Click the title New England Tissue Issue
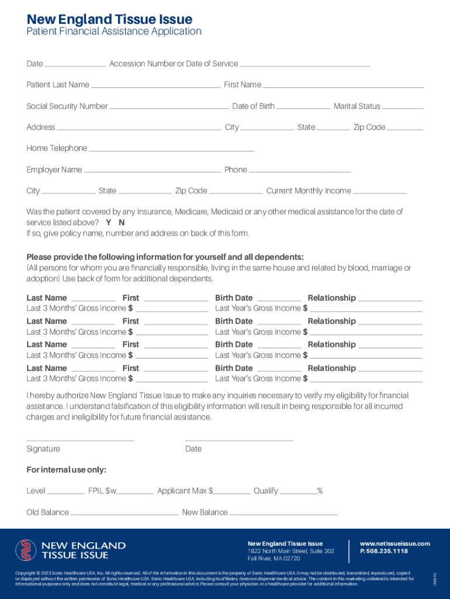[109, 20]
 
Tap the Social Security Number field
[169, 107]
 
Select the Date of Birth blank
[303, 107]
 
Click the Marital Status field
[403, 107]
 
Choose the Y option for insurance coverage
[109, 223]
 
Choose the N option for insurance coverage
[122, 223]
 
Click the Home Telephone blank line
[172, 149]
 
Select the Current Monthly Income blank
[380, 192]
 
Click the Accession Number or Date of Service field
[305, 64]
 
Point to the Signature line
[80, 439]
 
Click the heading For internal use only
[67, 470]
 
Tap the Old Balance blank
[124, 513]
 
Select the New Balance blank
[283, 513]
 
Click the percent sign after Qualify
[320, 491]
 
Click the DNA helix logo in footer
[26, 550]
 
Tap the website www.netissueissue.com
[395, 544]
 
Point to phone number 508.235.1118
[384, 551]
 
